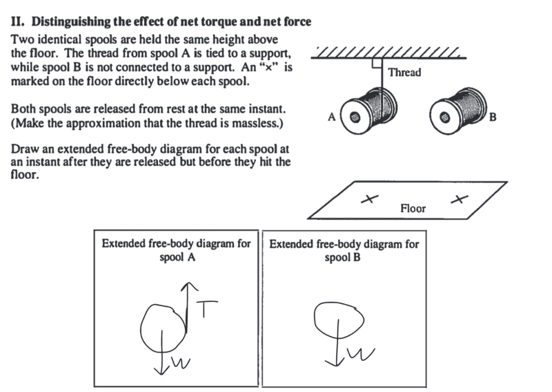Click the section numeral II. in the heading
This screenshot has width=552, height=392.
tap(18, 22)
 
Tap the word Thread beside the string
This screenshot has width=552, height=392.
tap(404, 72)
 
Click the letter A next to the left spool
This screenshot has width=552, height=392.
tap(332, 117)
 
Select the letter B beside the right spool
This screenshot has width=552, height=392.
tap(492, 118)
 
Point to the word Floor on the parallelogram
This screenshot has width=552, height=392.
tap(413, 207)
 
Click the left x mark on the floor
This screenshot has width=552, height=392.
tap(370, 199)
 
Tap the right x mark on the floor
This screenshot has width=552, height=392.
tap(457, 199)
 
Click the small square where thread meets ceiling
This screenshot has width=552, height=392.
tap(377, 63)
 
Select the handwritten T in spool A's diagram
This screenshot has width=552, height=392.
tap(206, 310)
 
